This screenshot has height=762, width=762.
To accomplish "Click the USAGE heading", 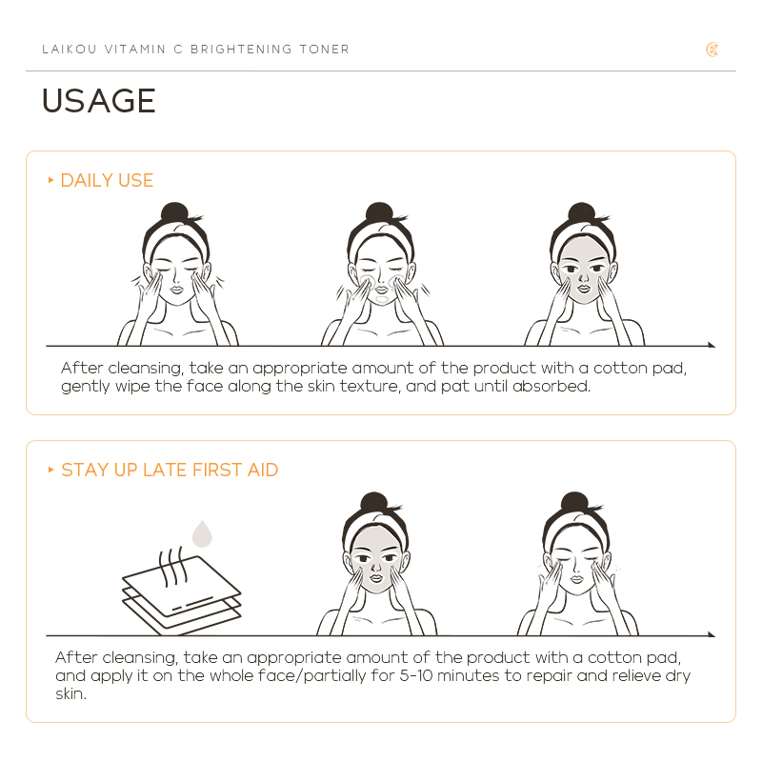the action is click(99, 101).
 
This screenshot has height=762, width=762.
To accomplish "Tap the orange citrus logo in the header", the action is click(712, 50).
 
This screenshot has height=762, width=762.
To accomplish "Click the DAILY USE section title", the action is click(107, 180).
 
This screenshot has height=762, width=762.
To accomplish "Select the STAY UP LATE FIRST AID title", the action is click(170, 470).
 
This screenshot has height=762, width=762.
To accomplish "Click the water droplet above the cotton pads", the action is click(202, 533).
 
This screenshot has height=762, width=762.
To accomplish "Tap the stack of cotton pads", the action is click(181, 595).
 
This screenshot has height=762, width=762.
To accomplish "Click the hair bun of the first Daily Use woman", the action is click(174, 211).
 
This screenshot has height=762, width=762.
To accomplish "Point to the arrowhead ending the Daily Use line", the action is click(712, 345).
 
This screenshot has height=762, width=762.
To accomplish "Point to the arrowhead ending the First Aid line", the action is click(712, 634).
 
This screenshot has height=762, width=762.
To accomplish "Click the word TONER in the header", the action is click(324, 50).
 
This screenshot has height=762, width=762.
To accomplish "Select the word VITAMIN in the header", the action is click(135, 50).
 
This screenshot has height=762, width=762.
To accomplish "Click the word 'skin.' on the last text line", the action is click(70, 693).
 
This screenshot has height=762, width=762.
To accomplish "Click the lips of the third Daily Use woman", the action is click(584, 289).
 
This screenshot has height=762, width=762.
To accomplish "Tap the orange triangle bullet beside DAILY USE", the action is click(50, 180).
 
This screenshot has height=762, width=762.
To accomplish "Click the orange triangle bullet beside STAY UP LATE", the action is click(50, 470).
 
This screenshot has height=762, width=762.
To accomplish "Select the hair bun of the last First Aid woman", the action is click(574, 502).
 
